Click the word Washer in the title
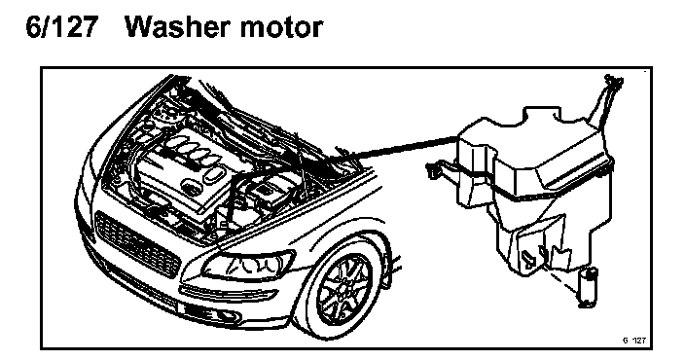tap(179, 27)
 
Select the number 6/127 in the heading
tap(60, 27)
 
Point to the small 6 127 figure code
tap(633, 341)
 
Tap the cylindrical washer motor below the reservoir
tap(587, 287)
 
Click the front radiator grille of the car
tap(137, 244)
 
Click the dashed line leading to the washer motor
tap(562, 280)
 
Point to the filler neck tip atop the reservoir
tap(613, 82)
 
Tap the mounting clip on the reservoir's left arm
tap(432, 170)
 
